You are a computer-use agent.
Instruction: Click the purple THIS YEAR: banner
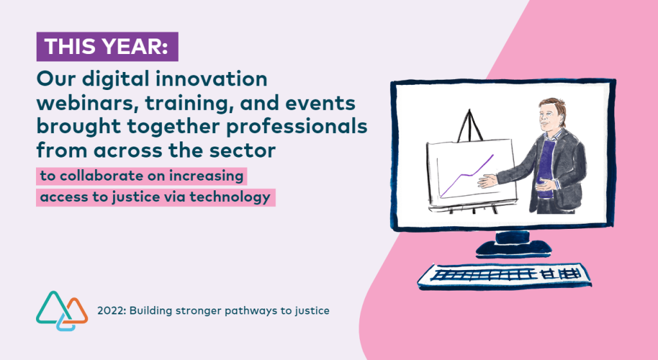[x=107, y=46]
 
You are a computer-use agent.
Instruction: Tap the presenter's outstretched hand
[x=488, y=181]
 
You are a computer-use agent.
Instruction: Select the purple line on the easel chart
[x=467, y=175]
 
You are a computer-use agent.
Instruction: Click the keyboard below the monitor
[x=504, y=276]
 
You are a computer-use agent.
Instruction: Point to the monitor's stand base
[x=513, y=248]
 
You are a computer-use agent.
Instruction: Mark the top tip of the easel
[x=470, y=111]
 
